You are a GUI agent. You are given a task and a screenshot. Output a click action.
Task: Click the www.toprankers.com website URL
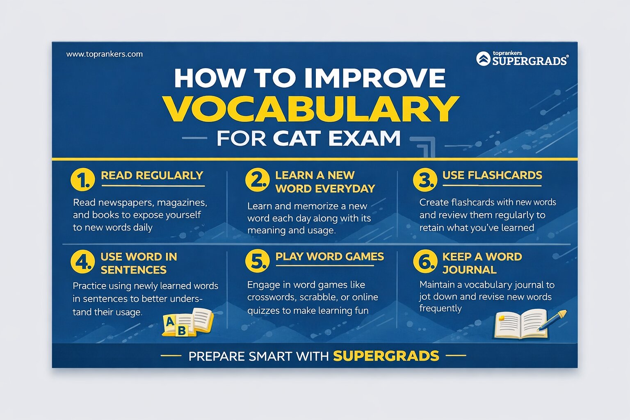coord(104,54)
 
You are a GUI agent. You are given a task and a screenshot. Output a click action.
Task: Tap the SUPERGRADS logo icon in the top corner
coord(483,59)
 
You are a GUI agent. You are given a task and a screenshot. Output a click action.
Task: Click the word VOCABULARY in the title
coord(311,109)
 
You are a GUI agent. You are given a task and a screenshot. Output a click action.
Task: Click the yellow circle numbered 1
coord(82,180)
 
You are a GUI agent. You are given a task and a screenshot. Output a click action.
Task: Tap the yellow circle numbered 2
coord(257,180)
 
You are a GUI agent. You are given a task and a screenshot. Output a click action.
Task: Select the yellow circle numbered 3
coord(425,180)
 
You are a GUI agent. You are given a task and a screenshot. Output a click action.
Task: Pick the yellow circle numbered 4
coord(82,261)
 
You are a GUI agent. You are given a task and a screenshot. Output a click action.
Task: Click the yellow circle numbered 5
coord(257,261)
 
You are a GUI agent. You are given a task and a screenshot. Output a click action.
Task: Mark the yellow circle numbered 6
coord(425,261)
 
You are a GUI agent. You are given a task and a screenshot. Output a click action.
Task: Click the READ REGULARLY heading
coord(152,176)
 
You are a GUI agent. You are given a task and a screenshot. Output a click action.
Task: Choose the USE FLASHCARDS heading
coord(492,175)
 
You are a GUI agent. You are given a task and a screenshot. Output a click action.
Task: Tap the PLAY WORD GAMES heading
coord(329,257)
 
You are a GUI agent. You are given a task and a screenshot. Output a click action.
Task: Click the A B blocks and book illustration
coord(188,322)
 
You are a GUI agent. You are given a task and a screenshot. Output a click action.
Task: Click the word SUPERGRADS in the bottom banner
coord(386,356)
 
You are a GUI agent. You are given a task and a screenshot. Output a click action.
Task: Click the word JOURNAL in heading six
coord(469,270)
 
